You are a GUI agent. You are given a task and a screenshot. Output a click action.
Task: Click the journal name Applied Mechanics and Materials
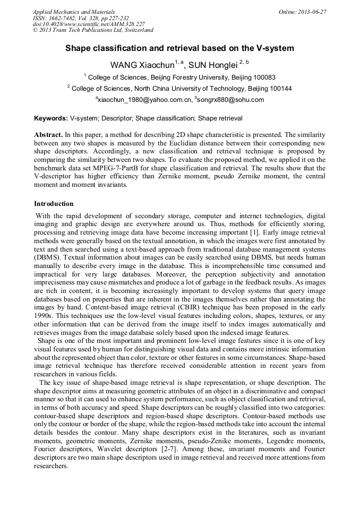tap(74, 12)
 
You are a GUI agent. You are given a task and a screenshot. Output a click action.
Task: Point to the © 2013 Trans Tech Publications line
tap(93, 31)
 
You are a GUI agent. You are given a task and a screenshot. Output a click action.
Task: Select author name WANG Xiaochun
tap(142, 65)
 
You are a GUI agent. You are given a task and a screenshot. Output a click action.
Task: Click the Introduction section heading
tap(54, 204)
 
